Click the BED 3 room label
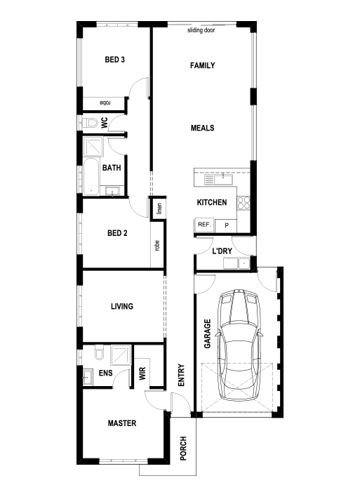click(x=114, y=60)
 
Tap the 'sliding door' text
click(x=201, y=30)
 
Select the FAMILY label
click(x=203, y=65)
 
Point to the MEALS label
click(x=203, y=128)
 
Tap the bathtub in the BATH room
click(x=91, y=177)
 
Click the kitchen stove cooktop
click(x=244, y=203)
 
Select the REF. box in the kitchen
click(x=204, y=225)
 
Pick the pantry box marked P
click(x=226, y=225)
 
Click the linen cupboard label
click(x=159, y=208)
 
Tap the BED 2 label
click(x=117, y=233)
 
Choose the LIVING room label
click(x=122, y=306)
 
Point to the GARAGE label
click(x=208, y=333)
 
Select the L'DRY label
click(x=222, y=251)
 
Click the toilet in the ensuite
click(x=99, y=352)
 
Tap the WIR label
click(x=142, y=373)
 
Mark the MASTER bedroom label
click(x=122, y=423)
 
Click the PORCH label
click(x=183, y=448)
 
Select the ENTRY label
click(x=181, y=375)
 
